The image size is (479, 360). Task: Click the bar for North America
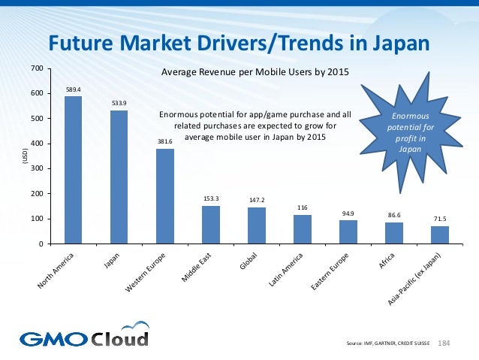pyautogui.click(x=74, y=170)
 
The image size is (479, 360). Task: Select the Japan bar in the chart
pyautogui.click(x=119, y=177)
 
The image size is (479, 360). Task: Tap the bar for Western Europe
pyautogui.click(x=165, y=196)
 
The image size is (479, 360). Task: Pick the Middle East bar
pyautogui.click(x=211, y=225)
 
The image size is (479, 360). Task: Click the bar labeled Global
pyautogui.click(x=257, y=225)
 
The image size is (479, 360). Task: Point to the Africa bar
pyautogui.click(x=394, y=233)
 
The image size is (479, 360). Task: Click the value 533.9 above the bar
pyautogui.click(x=119, y=103)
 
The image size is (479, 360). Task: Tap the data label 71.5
pyautogui.click(x=440, y=219)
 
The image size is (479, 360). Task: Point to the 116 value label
pyautogui.click(x=303, y=207)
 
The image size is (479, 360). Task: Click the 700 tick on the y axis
pyautogui.click(x=36, y=68)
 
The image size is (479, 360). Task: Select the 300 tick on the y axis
pyautogui.click(x=36, y=169)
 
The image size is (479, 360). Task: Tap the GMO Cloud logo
pyautogui.click(x=84, y=337)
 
